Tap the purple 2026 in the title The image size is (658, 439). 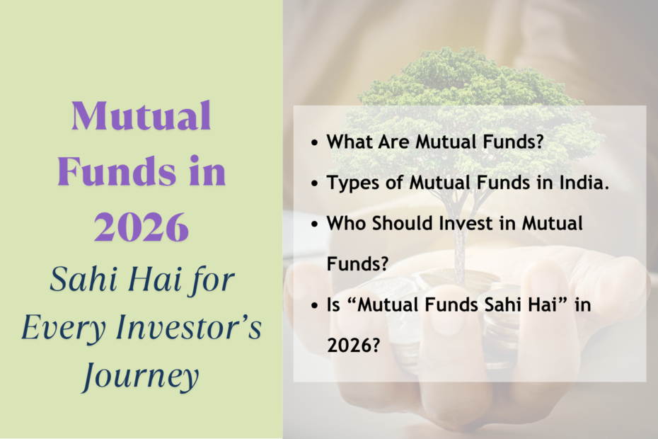click(141, 227)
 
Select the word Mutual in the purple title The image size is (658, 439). click(141, 117)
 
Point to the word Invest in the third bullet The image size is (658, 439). click(459, 223)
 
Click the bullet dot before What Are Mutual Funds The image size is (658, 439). click(315, 142)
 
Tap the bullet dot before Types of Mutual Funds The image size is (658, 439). click(315, 183)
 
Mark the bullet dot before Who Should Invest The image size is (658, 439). click(315, 224)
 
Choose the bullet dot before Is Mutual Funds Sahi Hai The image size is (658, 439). click(315, 306)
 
